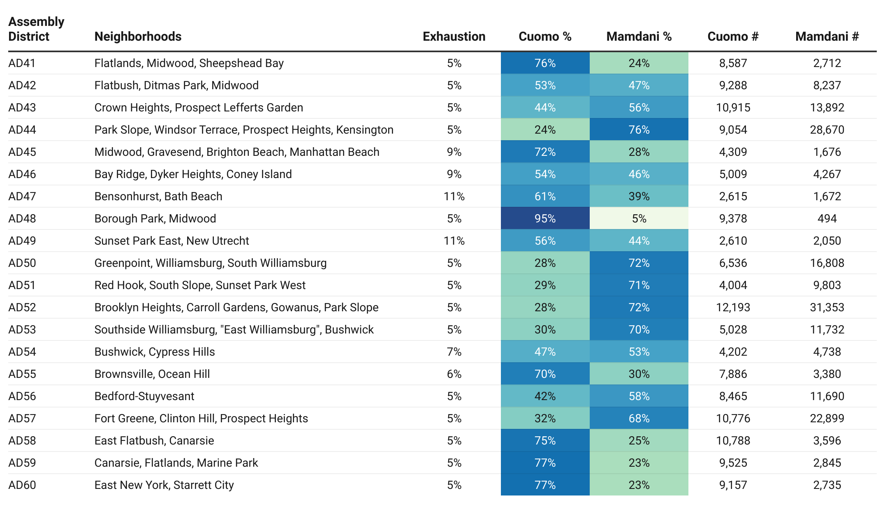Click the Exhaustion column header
(454, 37)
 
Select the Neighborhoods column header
(138, 37)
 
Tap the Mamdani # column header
(827, 37)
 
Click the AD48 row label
(22, 218)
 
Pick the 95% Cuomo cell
(545, 218)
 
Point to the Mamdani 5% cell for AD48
(639, 218)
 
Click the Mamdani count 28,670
(827, 130)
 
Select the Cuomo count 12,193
(733, 307)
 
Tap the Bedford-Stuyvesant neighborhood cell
(144, 396)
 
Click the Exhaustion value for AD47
(454, 196)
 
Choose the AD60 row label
(22, 485)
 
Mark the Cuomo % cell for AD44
(545, 130)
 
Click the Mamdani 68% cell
(639, 418)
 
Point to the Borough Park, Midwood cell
(155, 218)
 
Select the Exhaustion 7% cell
(454, 352)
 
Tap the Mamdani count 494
(827, 218)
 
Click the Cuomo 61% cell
(545, 196)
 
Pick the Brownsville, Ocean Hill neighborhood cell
(152, 374)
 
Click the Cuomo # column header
(733, 37)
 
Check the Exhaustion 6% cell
(454, 374)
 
